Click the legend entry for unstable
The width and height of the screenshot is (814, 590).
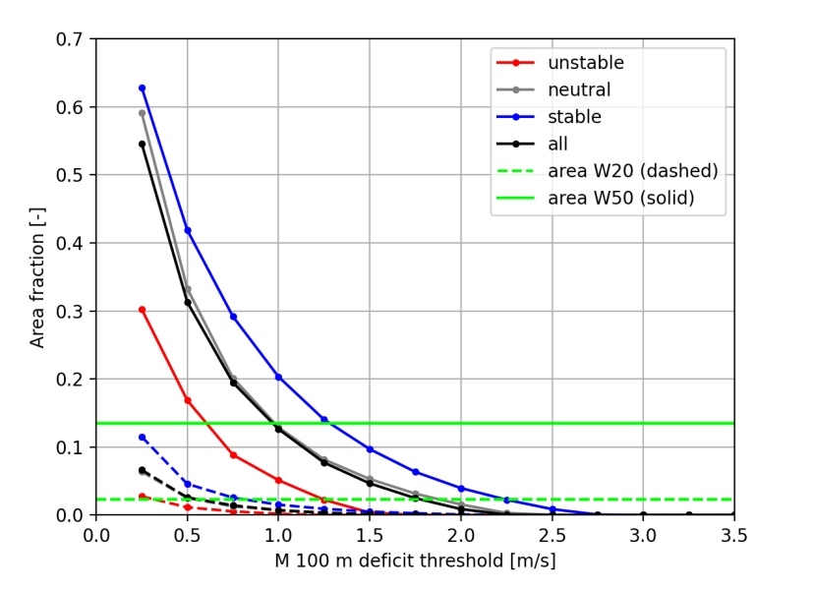586,63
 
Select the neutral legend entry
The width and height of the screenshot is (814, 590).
579,89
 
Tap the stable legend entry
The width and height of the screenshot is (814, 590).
574,117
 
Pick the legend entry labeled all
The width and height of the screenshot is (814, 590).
558,144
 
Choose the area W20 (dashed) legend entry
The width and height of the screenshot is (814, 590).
632,171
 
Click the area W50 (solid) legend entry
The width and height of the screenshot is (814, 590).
620,198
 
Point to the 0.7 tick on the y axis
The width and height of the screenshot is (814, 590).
75,39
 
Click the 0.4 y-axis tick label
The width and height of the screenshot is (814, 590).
75,243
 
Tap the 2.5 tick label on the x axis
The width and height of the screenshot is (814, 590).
552,535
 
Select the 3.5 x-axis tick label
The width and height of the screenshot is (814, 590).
733,535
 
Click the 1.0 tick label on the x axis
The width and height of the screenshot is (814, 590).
278,535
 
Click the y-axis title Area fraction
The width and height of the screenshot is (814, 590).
37,277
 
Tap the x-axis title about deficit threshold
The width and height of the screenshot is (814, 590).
415,562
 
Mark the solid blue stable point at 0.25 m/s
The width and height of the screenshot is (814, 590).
142,88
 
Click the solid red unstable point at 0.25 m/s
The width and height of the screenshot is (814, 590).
142,310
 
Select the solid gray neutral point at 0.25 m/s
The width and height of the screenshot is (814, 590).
142,113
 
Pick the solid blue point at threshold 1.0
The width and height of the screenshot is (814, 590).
278,377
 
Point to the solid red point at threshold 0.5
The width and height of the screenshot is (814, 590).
187,400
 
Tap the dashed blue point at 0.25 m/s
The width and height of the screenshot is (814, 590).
142,438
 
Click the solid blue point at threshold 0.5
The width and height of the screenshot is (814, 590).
187,230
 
